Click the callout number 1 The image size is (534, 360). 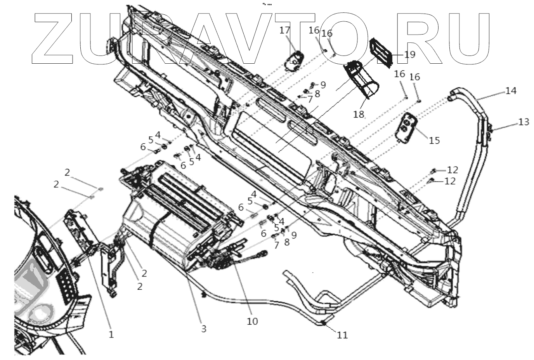(x=111, y=334)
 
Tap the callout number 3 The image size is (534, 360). (x=203, y=329)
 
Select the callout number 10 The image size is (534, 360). (x=252, y=321)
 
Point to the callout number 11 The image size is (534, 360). (x=342, y=334)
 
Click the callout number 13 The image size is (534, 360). (x=523, y=122)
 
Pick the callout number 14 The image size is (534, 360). (x=511, y=91)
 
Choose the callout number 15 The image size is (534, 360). (x=434, y=140)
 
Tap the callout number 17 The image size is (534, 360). (x=296, y=30)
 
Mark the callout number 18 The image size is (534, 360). (x=359, y=114)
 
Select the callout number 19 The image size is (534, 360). (x=409, y=55)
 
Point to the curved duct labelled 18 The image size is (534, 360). (x=363, y=80)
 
